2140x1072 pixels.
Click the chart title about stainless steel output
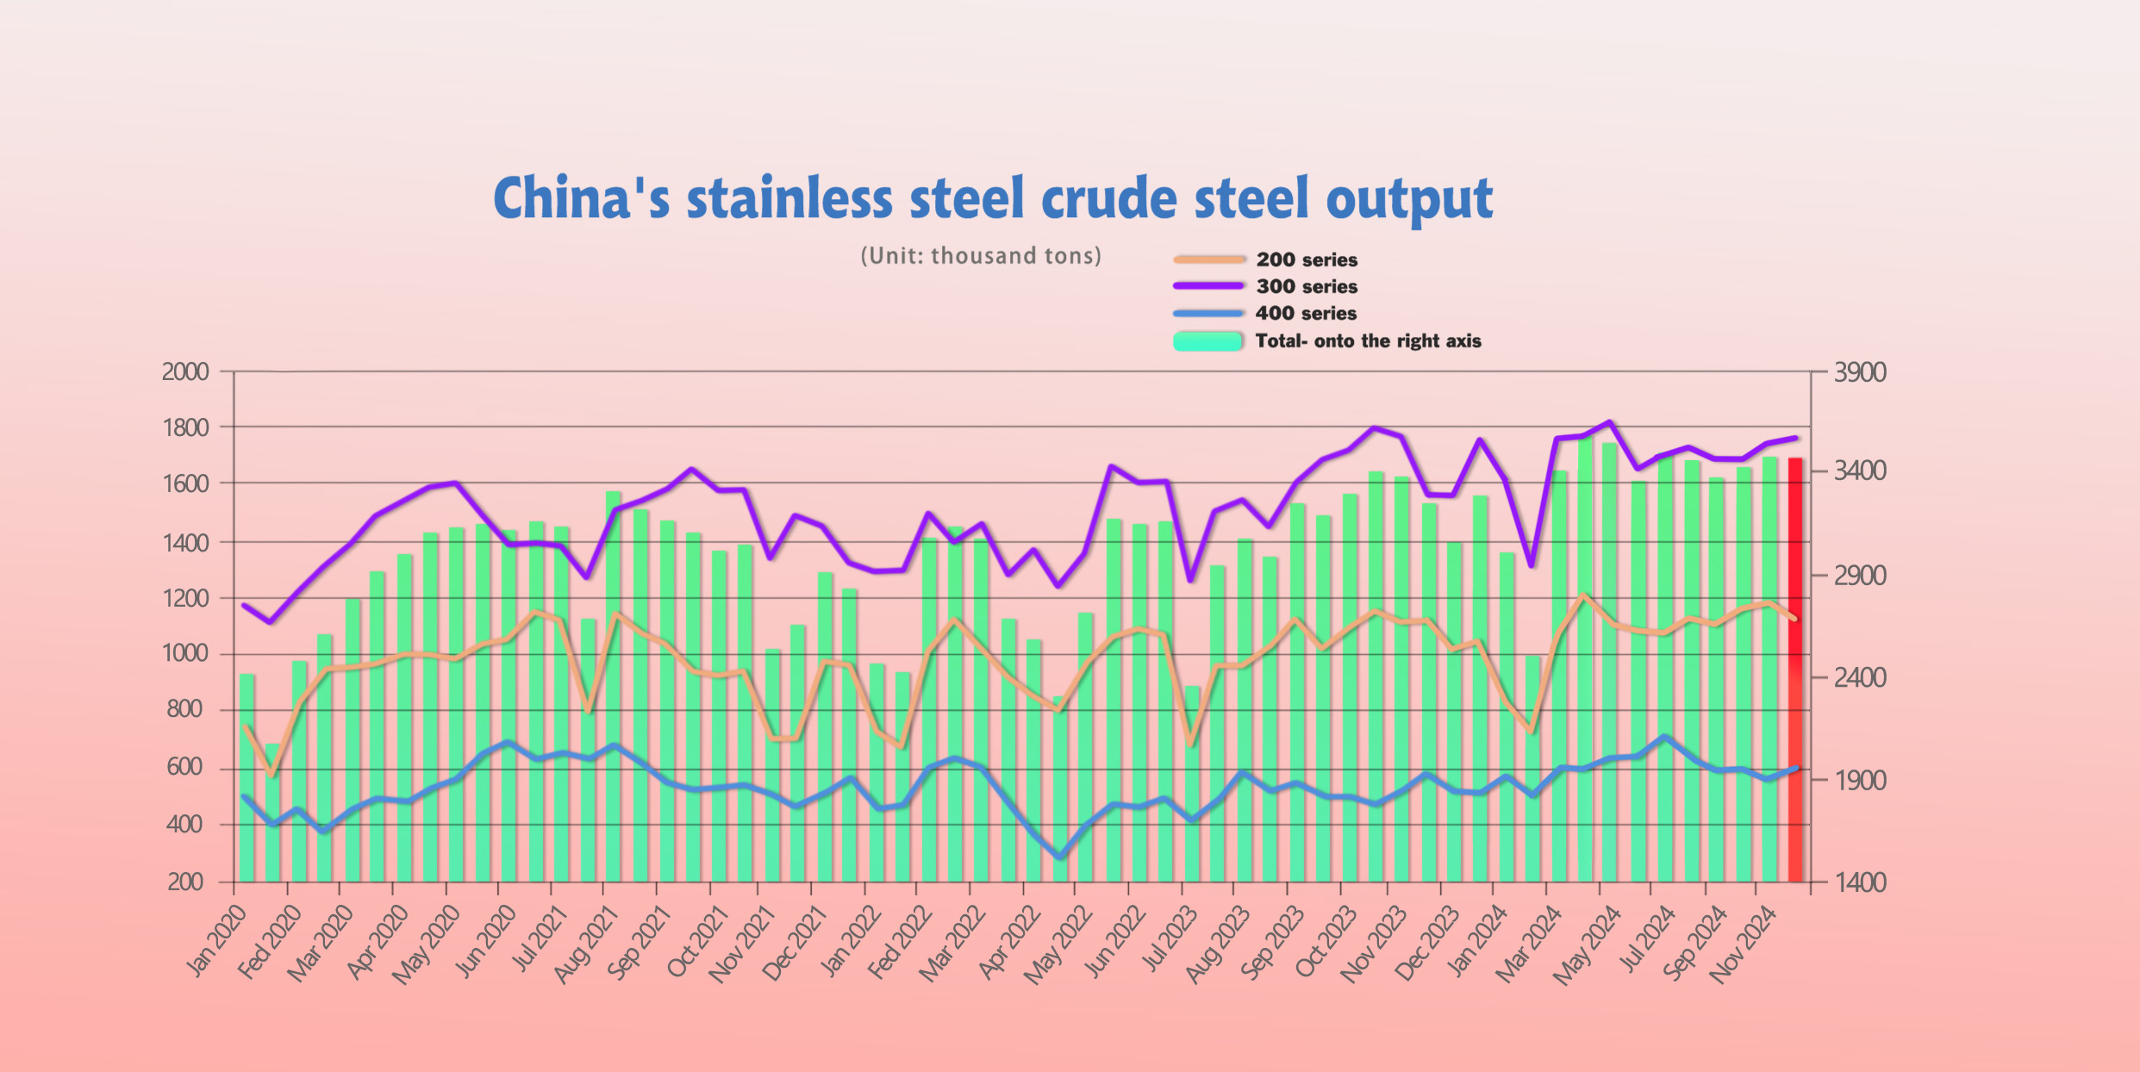click(x=992, y=198)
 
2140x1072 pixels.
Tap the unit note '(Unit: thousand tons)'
click(x=981, y=256)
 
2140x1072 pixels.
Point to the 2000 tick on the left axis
click(x=185, y=371)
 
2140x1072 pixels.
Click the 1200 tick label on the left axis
click(x=185, y=598)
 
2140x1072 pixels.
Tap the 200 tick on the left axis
click(x=185, y=882)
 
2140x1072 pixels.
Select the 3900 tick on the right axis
click(x=1860, y=372)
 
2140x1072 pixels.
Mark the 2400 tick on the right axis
click(x=1860, y=677)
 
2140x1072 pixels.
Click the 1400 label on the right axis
click(x=1860, y=882)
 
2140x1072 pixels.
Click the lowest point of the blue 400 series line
click(x=1060, y=857)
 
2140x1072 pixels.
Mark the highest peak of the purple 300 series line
click(x=1610, y=421)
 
